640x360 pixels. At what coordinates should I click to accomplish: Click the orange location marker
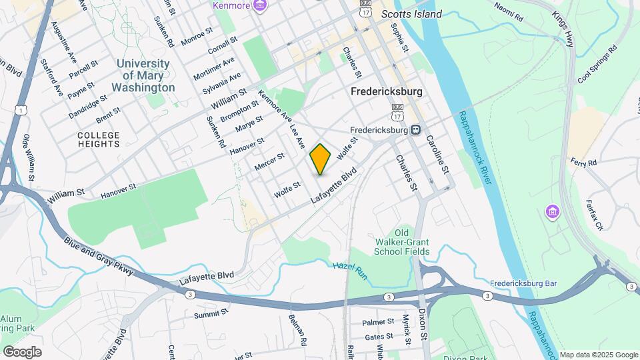321,159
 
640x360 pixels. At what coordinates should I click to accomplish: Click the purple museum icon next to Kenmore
260,6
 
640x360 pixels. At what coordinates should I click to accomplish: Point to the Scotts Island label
411,14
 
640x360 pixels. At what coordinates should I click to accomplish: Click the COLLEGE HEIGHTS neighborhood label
99,139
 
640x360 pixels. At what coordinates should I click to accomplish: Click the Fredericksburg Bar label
523,283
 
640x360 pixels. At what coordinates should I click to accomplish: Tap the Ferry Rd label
583,163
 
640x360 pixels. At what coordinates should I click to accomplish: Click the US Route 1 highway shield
22,109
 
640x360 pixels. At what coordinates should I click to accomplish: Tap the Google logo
22,351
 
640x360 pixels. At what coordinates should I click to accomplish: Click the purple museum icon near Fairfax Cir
552,212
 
